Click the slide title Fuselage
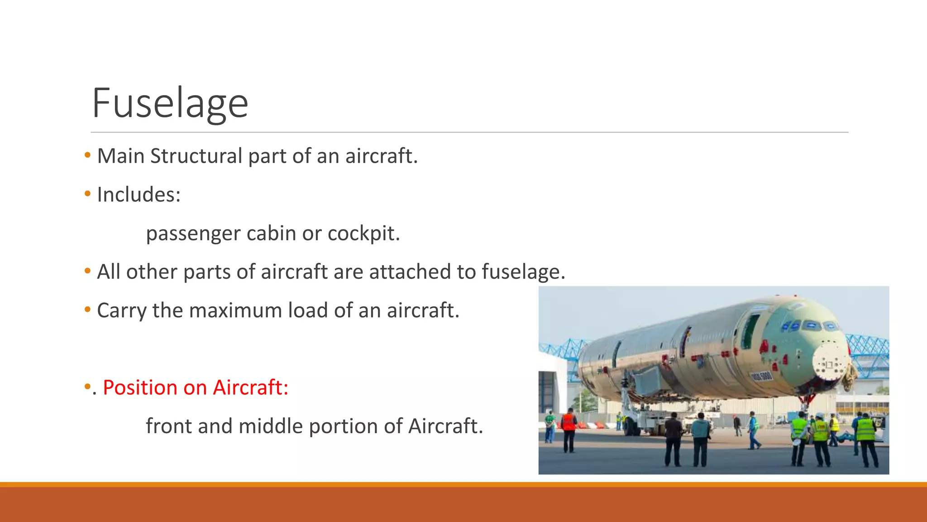coord(170,103)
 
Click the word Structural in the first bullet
coord(196,156)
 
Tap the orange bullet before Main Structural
coord(87,155)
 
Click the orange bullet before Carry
coord(87,310)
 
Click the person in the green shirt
coord(550,426)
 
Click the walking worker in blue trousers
coord(753,430)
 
